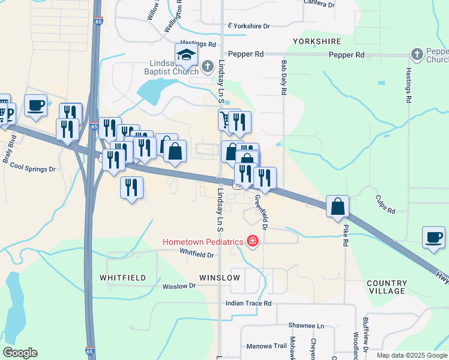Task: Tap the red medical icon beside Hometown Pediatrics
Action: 253,242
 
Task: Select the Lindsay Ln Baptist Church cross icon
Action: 207,65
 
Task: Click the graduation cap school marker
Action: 186,55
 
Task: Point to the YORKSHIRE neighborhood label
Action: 317,41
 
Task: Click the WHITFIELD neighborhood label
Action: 122,278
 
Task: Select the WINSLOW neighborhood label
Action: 220,278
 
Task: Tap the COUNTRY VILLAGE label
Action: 387,287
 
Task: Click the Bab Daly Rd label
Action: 283,77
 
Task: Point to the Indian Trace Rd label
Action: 249,304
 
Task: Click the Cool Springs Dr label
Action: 32,169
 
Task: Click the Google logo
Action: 20,353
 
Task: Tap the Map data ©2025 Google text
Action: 411,355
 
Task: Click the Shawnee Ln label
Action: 304,325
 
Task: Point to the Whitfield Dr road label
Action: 196,255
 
